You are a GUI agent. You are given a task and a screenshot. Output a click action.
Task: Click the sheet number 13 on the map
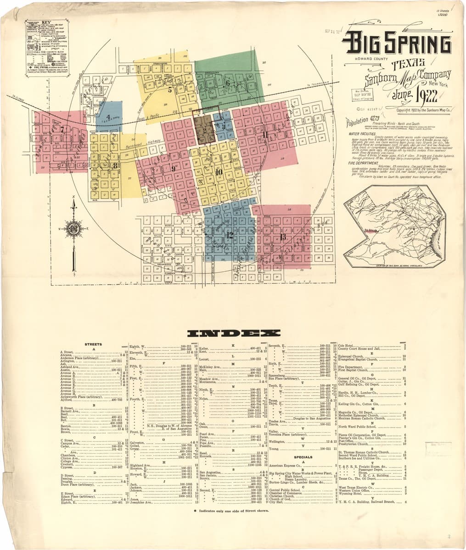[x=283, y=236]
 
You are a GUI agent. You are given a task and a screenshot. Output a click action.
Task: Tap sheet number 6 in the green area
[x=227, y=83]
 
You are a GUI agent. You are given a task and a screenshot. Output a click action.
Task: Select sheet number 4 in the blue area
[x=108, y=117]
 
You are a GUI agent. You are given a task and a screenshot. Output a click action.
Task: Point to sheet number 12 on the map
[x=230, y=235]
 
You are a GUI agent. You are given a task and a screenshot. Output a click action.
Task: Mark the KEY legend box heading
[x=46, y=22]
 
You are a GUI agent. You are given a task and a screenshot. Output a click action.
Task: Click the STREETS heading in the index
[x=94, y=344]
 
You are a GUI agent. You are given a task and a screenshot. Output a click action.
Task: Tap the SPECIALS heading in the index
[x=303, y=457]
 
